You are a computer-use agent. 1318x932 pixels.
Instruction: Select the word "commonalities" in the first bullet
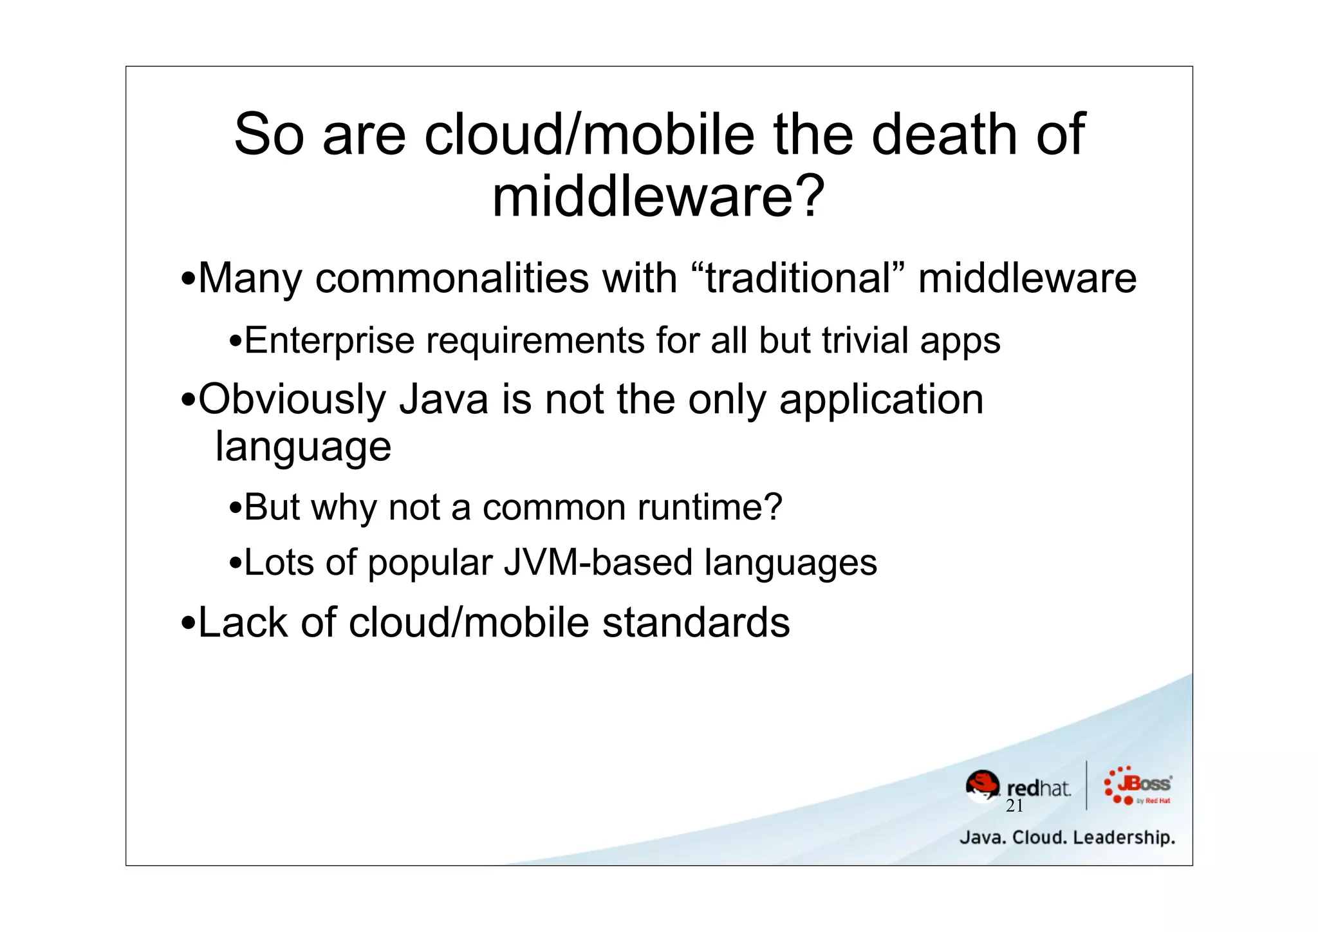pyautogui.click(x=452, y=278)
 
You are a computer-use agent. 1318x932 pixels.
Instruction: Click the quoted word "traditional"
pyautogui.click(x=797, y=278)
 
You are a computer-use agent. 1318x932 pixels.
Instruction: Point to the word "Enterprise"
pyautogui.click(x=329, y=340)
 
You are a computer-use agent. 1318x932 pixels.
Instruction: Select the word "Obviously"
pyautogui.click(x=292, y=399)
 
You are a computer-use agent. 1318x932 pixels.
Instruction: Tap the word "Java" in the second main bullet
pyautogui.click(x=444, y=399)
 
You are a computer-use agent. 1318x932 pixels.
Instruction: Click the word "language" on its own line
pyautogui.click(x=303, y=447)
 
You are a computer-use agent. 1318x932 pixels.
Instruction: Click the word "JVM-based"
pyautogui.click(x=597, y=563)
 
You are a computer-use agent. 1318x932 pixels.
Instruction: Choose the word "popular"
pyautogui.click(x=429, y=563)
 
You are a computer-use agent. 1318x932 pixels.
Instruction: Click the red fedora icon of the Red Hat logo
pyautogui.click(x=983, y=786)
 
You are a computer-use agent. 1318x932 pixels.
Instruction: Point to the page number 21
pyautogui.click(x=1014, y=806)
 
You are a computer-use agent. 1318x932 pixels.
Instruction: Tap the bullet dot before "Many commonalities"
pyautogui.click(x=188, y=280)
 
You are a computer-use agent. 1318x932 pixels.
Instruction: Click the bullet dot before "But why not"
pyautogui.click(x=235, y=509)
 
